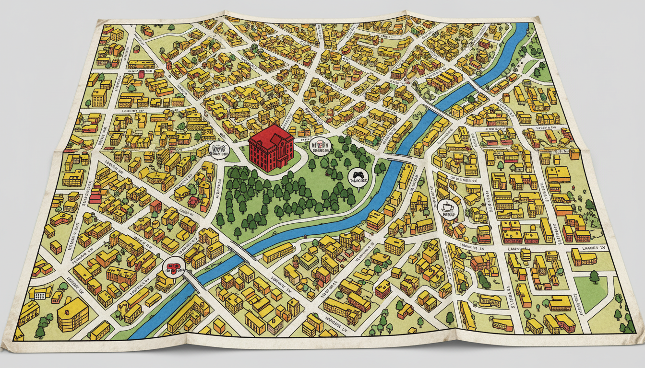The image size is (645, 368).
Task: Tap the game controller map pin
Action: point(358,178)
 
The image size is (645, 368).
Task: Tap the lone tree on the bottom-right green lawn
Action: point(594,276)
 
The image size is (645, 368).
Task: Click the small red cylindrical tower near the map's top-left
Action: point(141,74)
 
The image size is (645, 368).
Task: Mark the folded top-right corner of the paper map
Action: point(537,20)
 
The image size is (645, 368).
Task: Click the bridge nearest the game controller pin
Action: point(398,158)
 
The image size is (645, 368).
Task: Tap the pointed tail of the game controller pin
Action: point(358,189)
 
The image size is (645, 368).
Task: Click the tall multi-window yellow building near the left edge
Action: point(99,97)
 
